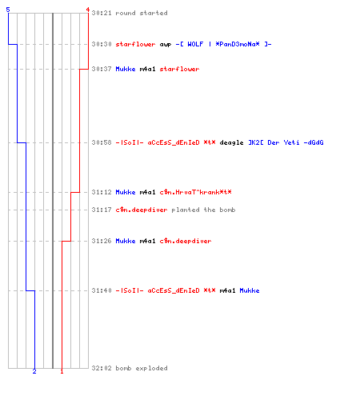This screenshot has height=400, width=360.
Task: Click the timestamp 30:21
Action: [x=102, y=13]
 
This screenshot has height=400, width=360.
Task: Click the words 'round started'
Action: [x=142, y=13]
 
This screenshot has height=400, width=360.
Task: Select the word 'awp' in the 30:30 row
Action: [x=166, y=45]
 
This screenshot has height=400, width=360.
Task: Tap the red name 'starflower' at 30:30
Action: [x=135, y=44]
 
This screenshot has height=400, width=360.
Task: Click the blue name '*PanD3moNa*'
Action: [x=238, y=44]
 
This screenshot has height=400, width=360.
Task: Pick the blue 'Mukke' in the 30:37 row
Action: [x=126, y=69]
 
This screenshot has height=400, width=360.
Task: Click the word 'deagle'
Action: [x=231, y=143]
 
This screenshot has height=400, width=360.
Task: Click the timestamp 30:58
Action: [x=102, y=142]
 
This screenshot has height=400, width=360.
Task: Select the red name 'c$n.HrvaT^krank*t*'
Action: [x=195, y=192]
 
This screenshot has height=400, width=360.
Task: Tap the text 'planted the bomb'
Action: [x=203, y=210]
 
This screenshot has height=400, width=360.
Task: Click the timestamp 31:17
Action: [x=102, y=210]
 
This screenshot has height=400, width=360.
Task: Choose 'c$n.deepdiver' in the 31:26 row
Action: [x=186, y=241]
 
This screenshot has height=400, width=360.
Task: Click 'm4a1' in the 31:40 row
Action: [x=227, y=290]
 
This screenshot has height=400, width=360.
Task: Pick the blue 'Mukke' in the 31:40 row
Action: [x=250, y=290]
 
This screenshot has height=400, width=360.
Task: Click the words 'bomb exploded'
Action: [x=142, y=368]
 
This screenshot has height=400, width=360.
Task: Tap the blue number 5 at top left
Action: [x=8, y=10]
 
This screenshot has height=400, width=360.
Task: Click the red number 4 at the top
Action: [x=88, y=10]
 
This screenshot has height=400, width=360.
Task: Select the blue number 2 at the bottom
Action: [x=34, y=371]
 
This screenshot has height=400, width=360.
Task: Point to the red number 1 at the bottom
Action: [x=62, y=371]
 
